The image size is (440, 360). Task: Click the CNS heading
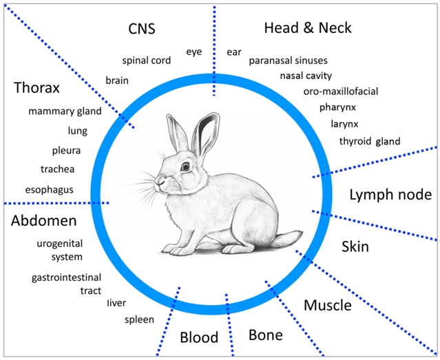coord(142,29)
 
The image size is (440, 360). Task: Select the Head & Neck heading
coord(308,28)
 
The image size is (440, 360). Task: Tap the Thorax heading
coord(36,89)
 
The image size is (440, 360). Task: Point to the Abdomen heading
coord(43,221)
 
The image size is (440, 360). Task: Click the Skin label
coord(355,246)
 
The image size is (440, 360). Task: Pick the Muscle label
coord(328,305)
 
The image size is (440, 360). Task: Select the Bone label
coord(265,335)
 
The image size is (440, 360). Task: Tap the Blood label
coord(199,337)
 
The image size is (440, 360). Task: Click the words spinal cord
coord(147,61)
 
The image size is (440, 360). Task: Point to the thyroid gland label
coord(369,141)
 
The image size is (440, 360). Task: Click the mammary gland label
coord(65,111)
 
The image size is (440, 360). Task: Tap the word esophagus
coord(49,189)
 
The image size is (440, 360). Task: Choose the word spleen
coord(139,319)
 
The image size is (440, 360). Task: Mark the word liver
coord(118,303)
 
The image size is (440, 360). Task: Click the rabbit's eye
coord(185,167)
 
